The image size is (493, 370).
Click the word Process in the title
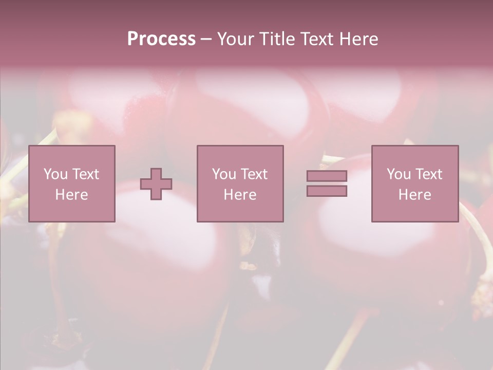[161, 39]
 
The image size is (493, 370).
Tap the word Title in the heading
[277, 39]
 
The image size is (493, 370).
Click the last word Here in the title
[359, 39]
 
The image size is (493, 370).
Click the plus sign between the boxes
[156, 184]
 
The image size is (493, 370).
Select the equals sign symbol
[327, 183]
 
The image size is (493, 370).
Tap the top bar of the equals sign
[327, 176]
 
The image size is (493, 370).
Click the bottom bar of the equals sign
[327, 191]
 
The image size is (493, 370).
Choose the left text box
[72, 183]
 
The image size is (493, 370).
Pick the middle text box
[240, 183]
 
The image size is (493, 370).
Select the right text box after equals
[415, 183]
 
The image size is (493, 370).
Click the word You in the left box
[55, 174]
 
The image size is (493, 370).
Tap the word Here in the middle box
[240, 195]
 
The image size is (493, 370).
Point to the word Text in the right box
[428, 174]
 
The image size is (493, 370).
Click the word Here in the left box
[72, 195]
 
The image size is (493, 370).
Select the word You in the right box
[399, 174]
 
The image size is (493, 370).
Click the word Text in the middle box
[254, 174]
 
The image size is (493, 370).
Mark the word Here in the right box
[415, 195]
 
